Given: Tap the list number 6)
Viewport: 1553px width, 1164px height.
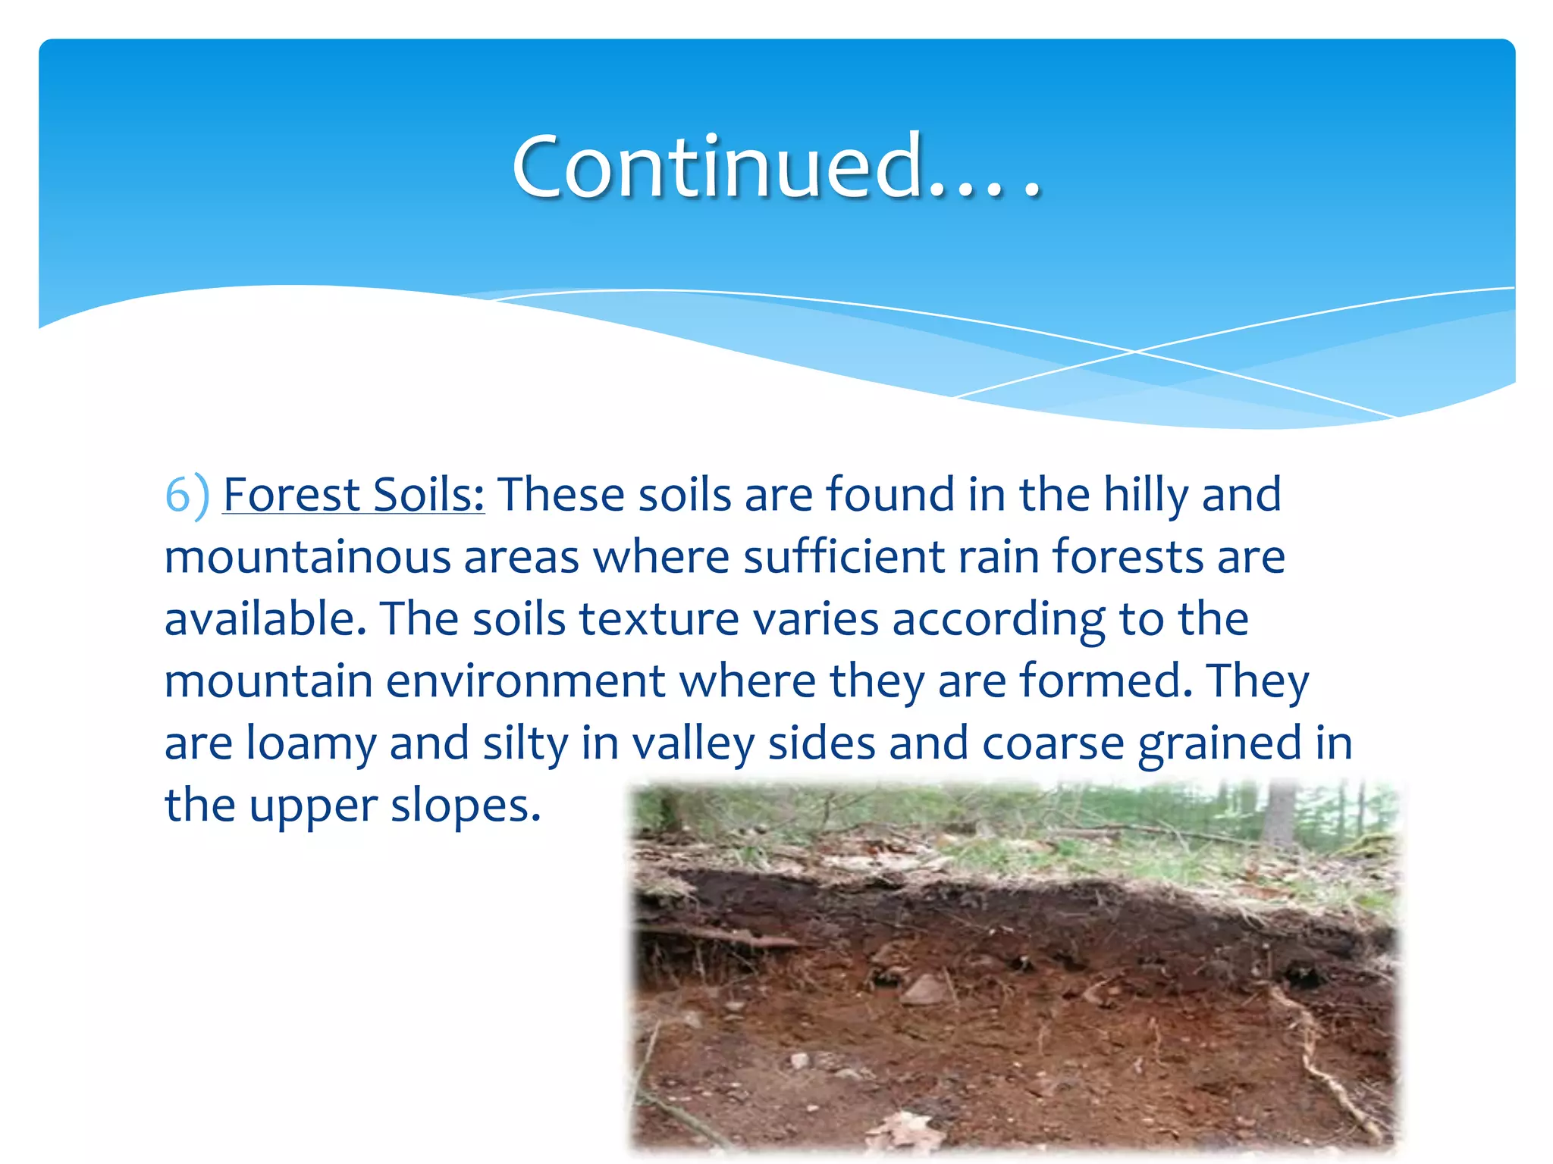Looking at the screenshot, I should click(x=187, y=496).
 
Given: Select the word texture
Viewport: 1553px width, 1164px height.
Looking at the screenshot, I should click(x=658, y=619).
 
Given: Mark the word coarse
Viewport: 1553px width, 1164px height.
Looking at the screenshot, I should click(x=1053, y=743).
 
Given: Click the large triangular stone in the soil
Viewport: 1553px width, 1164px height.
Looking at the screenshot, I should click(x=924, y=989).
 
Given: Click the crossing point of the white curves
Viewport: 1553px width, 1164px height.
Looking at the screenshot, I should click(x=1135, y=352).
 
